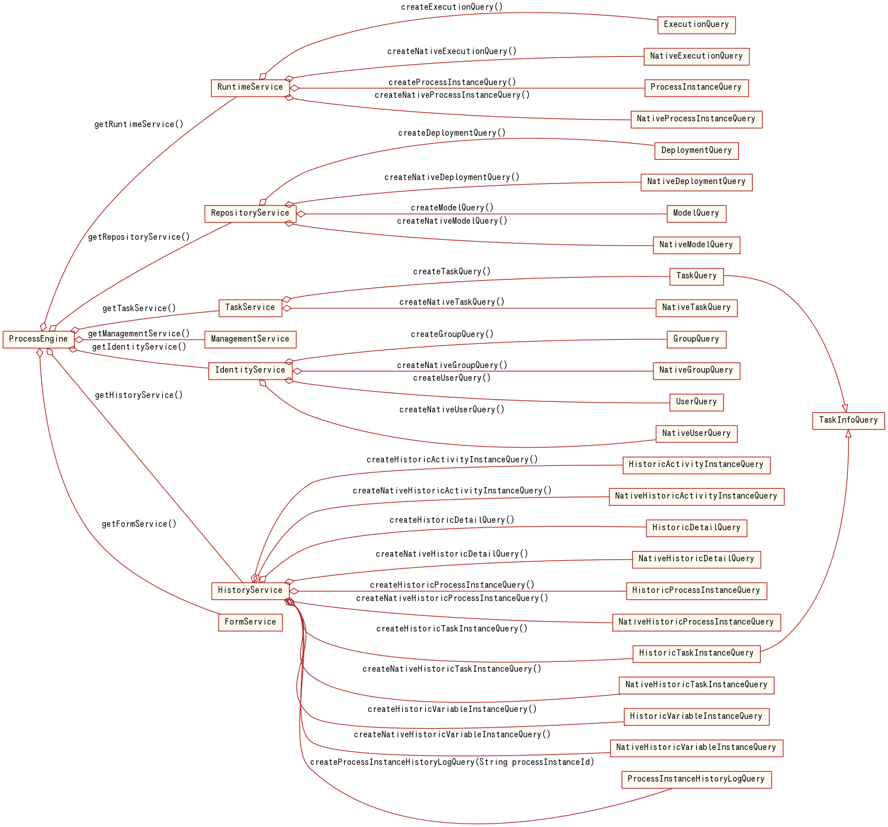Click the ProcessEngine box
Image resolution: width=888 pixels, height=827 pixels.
pos(39,339)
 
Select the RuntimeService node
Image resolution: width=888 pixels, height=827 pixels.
pos(250,87)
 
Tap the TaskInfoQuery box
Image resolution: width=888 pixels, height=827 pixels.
pos(848,420)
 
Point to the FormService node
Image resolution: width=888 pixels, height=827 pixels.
pos(250,622)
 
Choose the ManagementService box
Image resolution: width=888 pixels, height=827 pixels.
pos(250,339)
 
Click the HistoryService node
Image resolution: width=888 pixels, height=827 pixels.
pos(250,591)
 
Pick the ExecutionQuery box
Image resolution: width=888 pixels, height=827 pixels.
pos(696,25)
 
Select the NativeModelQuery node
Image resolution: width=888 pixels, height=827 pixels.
pos(696,245)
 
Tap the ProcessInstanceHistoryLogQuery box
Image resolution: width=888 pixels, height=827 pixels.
pos(696,779)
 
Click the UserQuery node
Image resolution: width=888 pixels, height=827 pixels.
pos(696,402)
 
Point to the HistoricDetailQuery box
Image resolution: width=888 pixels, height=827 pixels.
pos(696,528)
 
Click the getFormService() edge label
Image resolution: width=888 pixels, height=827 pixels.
pos(139,524)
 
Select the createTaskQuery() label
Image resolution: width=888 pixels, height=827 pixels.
pos(452,271)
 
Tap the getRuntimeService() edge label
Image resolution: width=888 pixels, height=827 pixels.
pos(139,124)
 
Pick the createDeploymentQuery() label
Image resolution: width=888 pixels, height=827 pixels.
pos(452,133)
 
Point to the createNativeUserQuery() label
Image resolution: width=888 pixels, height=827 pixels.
pos(452,409)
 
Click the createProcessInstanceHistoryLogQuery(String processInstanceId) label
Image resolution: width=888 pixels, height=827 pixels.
pos(452,762)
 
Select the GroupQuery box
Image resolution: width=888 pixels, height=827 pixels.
pos(696,339)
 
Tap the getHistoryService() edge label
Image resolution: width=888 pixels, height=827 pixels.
pos(139,395)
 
